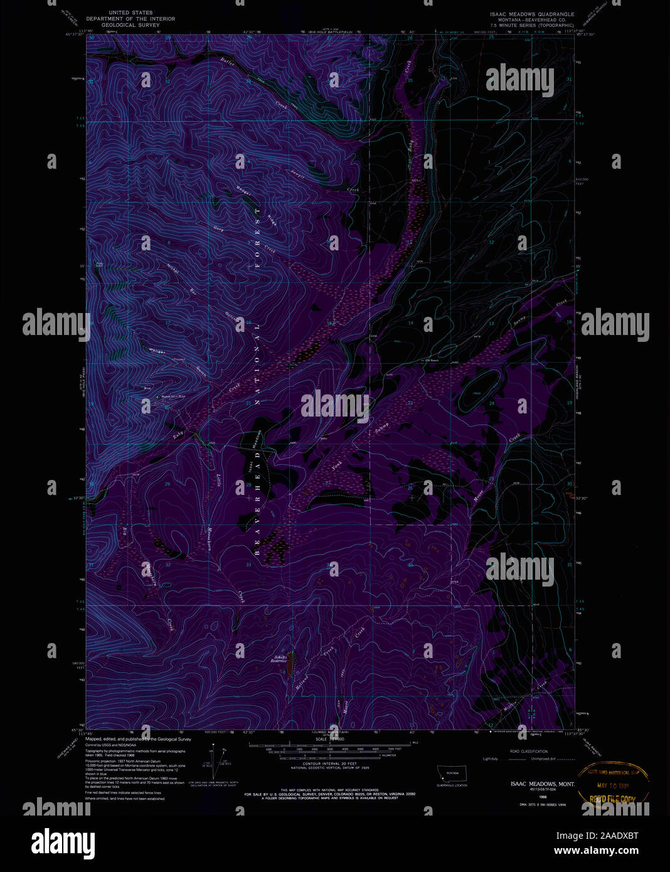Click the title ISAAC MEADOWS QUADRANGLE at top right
coord(533,13)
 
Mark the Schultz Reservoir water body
coord(290,667)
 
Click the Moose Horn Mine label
coord(173,396)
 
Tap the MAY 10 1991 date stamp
coord(614,785)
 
